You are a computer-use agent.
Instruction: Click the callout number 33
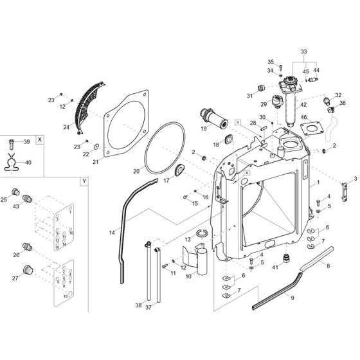[x=304, y=51]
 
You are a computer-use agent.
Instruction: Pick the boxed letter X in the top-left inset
[x=40, y=139]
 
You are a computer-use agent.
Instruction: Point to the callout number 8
[x=329, y=265]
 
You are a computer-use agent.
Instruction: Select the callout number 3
[x=355, y=178]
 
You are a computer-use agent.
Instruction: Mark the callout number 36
[x=343, y=103]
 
